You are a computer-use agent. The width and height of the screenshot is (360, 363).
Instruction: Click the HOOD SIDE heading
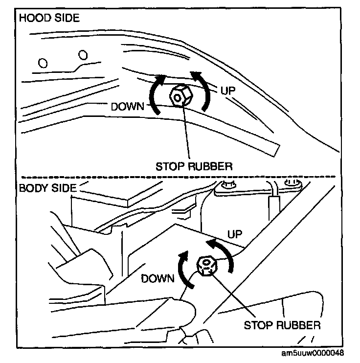point(48,19)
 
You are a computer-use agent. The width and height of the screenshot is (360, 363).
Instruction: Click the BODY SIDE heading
point(47,187)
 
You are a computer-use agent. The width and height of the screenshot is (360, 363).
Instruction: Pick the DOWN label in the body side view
point(157,278)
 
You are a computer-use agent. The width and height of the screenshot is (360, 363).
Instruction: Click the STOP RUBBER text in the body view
point(282,324)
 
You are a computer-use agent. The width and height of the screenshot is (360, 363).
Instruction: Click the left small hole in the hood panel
point(43,63)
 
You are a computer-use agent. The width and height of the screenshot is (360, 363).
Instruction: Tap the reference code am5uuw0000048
point(319,353)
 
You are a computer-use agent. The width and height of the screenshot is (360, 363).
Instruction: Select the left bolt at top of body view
point(226,185)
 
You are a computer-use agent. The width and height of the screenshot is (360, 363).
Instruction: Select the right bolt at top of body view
point(293,183)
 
